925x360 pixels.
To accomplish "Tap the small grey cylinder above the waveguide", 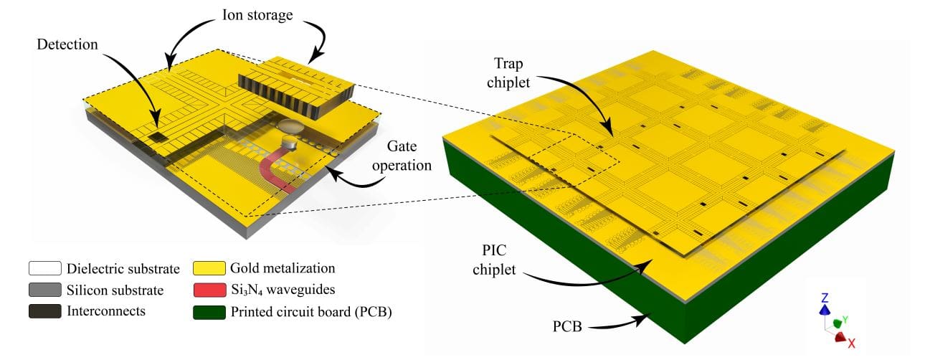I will [x=290, y=135].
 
